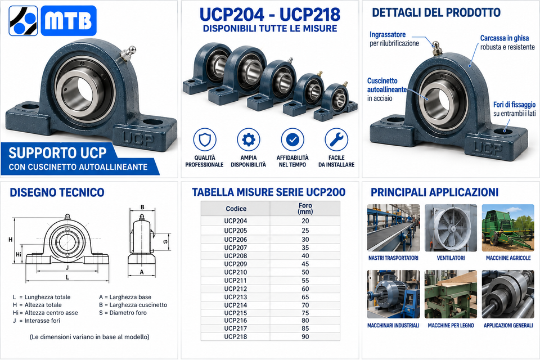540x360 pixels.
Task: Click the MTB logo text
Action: pyautogui.click(x=69, y=21)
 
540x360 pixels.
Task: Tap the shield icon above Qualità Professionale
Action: pyautogui.click(x=205, y=139)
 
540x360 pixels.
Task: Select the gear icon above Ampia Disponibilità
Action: pyautogui.click(x=248, y=139)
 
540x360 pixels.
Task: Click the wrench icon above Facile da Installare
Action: pyautogui.click(x=336, y=139)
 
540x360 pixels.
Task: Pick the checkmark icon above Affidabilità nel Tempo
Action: pyautogui.click(x=292, y=139)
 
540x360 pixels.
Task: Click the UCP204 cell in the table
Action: pyautogui.click(x=236, y=221)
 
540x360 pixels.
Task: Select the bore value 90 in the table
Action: pyautogui.click(x=305, y=336)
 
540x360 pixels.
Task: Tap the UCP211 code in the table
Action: pyautogui.click(x=236, y=281)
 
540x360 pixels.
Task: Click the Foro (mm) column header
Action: pyautogui.click(x=305, y=209)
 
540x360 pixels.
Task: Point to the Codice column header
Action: pyautogui.click(x=236, y=209)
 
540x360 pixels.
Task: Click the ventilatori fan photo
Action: pyautogui.click(x=451, y=228)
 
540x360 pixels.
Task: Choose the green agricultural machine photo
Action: pyautogui.click(x=508, y=228)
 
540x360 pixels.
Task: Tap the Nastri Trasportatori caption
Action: pyautogui.click(x=393, y=258)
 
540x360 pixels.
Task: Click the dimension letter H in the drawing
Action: pyautogui.click(x=10, y=240)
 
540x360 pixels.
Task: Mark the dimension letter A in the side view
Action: pyautogui.click(x=142, y=272)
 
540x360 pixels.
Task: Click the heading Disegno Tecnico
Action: pyautogui.click(x=57, y=192)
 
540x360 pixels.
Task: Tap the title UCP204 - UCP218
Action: pyautogui.click(x=270, y=15)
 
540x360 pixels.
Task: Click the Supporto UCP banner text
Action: pyautogui.click(x=57, y=152)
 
